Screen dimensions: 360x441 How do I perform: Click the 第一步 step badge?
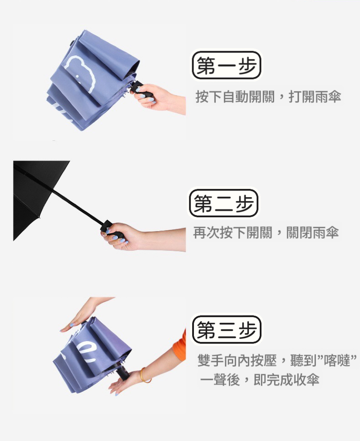[x=226, y=65]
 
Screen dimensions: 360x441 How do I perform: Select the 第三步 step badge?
[x=227, y=329]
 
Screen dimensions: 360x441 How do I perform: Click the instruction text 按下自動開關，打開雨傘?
[x=268, y=97]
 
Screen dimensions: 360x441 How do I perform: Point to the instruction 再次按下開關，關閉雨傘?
[x=266, y=232]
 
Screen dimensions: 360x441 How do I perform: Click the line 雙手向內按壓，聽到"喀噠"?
[x=277, y=361]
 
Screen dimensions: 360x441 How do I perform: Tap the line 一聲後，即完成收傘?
[x=260, y=379]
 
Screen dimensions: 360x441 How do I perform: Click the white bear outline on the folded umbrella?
[x=80, y=73]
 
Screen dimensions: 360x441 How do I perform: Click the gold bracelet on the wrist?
[x=145, y=376]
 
